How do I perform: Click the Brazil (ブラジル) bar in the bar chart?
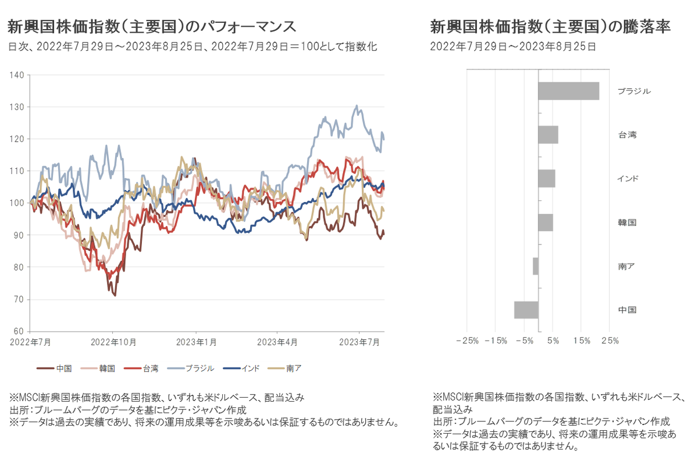(568, 91)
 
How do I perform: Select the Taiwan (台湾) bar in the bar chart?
(548, 134)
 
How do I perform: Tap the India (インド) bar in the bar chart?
(547, 178)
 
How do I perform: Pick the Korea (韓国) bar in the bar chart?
(546, 222)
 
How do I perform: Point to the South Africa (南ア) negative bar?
(536, 266)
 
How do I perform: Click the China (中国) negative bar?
(526, 310)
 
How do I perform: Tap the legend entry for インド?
(242, 368)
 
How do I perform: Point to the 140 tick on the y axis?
(17, 75)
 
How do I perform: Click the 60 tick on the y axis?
(19, 332)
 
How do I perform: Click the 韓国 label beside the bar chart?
(627, 222)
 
